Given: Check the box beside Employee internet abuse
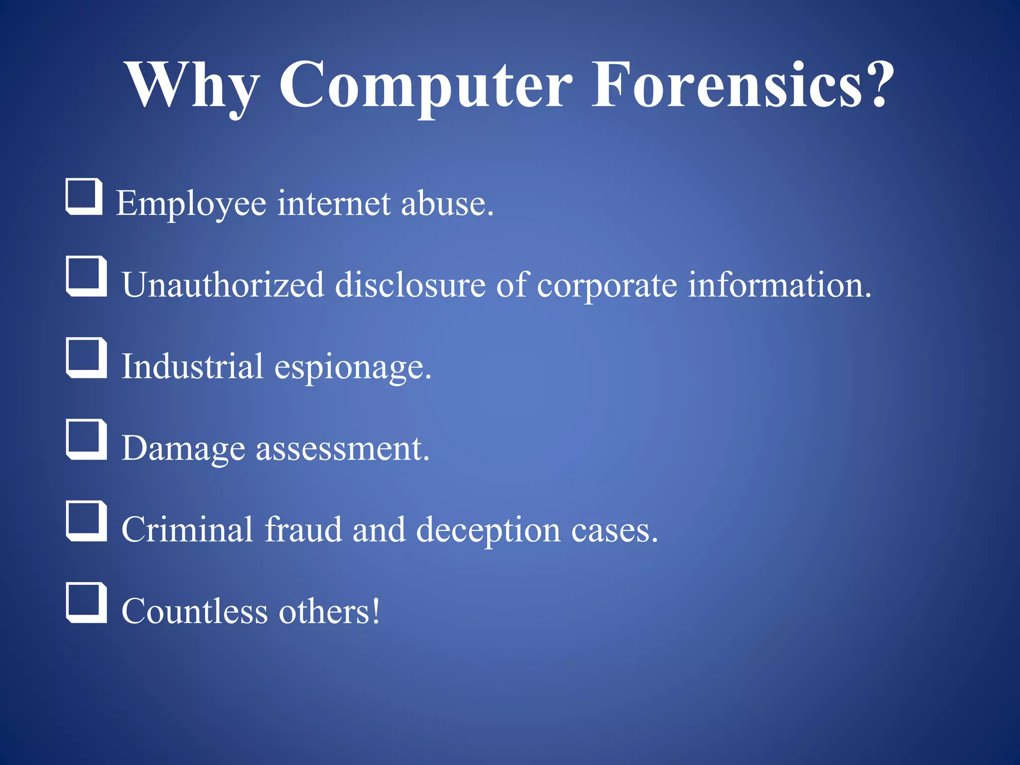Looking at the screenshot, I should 84,197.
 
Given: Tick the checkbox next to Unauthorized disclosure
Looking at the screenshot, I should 86,276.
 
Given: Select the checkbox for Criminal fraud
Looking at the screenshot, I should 86,521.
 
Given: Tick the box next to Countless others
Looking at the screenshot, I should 86,603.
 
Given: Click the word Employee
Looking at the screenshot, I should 191,204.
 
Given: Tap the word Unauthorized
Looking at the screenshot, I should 223,285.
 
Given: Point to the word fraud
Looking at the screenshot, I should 303,530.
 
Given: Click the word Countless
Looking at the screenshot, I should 194,612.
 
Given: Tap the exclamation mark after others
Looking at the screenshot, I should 375,611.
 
